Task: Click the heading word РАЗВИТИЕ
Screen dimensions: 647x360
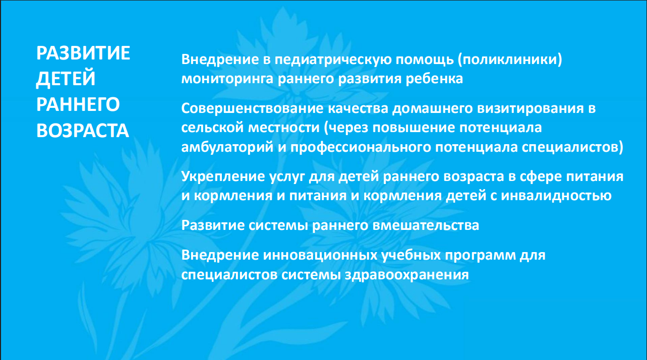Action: [x=83, y=53]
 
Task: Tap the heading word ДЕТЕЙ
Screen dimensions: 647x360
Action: [x=66, y=79]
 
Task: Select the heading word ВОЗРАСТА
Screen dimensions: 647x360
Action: [x=83, y=131]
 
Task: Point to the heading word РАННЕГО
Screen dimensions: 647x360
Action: [x=78, y=104]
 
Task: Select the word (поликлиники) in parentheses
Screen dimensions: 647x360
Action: [x=510, y=60]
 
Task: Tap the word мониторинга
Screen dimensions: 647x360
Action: [x=227, y=79]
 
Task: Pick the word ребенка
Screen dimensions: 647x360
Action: [x=434, y=78]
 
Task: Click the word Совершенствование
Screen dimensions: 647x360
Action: [x=253, y=109]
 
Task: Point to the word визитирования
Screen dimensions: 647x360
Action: [x=531, y=109]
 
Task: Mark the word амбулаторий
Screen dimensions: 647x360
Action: [x=227, y=148]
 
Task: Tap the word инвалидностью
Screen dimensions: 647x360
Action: [x=556, y=196]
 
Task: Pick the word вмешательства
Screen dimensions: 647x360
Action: [x=426, y=225]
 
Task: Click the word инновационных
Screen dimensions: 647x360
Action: [x=320, y=256]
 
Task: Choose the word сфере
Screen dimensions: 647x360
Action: [x=541, y=176]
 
